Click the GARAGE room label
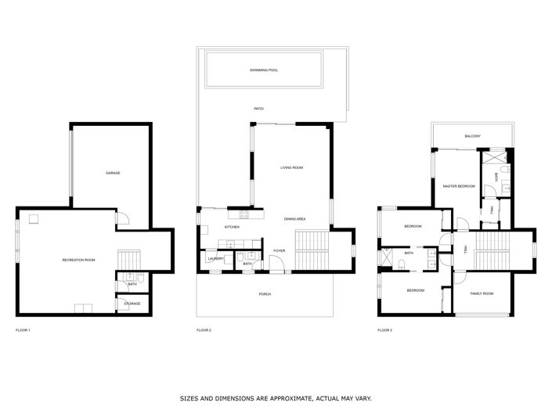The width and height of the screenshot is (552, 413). coord(114,173)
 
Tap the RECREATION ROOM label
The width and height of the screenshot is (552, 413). coord(78,260)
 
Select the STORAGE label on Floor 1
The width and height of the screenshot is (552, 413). coord(132,303)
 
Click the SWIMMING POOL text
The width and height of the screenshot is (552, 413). coord(264,70)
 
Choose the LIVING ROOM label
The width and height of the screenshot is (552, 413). coord(292,167)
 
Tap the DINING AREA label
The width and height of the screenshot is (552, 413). coord(294,218)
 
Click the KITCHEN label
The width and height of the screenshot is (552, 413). coord(232,227)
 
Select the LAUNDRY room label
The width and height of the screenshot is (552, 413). coord(215,259)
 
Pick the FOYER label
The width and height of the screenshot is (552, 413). coord(279,250)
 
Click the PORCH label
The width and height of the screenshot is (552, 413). coord(265,295)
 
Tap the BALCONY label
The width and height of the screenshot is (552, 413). coord(472,137)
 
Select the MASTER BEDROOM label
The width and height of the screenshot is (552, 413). coord(459,186)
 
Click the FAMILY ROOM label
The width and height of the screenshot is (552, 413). coord(482,293)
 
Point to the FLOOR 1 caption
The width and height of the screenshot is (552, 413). coord(23,331)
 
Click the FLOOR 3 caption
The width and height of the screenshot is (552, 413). coord(384,331)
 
